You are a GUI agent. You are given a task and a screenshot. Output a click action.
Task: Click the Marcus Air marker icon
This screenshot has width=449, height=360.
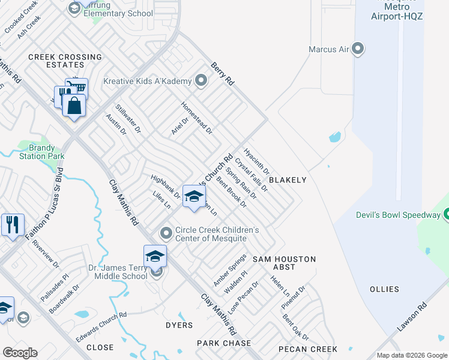358,49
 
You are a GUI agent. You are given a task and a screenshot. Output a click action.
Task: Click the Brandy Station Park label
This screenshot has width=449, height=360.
41,152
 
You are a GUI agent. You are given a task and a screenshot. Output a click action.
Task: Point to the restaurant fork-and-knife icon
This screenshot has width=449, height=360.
13,224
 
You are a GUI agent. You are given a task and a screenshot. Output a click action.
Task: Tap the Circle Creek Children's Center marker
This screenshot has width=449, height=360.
166,233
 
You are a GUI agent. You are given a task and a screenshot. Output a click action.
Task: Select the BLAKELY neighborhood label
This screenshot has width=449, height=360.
288,180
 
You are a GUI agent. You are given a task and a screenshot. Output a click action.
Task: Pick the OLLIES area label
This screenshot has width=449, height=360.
385,289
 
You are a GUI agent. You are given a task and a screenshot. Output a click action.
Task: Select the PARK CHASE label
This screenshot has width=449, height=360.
223,343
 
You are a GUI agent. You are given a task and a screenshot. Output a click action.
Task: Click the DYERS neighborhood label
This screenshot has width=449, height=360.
179,325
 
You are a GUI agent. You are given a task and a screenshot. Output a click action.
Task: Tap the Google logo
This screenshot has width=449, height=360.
20,353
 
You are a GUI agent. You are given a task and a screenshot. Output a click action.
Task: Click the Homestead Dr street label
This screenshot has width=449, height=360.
197,117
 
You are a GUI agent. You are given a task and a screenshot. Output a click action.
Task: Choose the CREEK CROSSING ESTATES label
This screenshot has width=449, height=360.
56,61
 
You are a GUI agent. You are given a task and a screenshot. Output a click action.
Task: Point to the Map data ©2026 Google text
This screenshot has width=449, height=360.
412,355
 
